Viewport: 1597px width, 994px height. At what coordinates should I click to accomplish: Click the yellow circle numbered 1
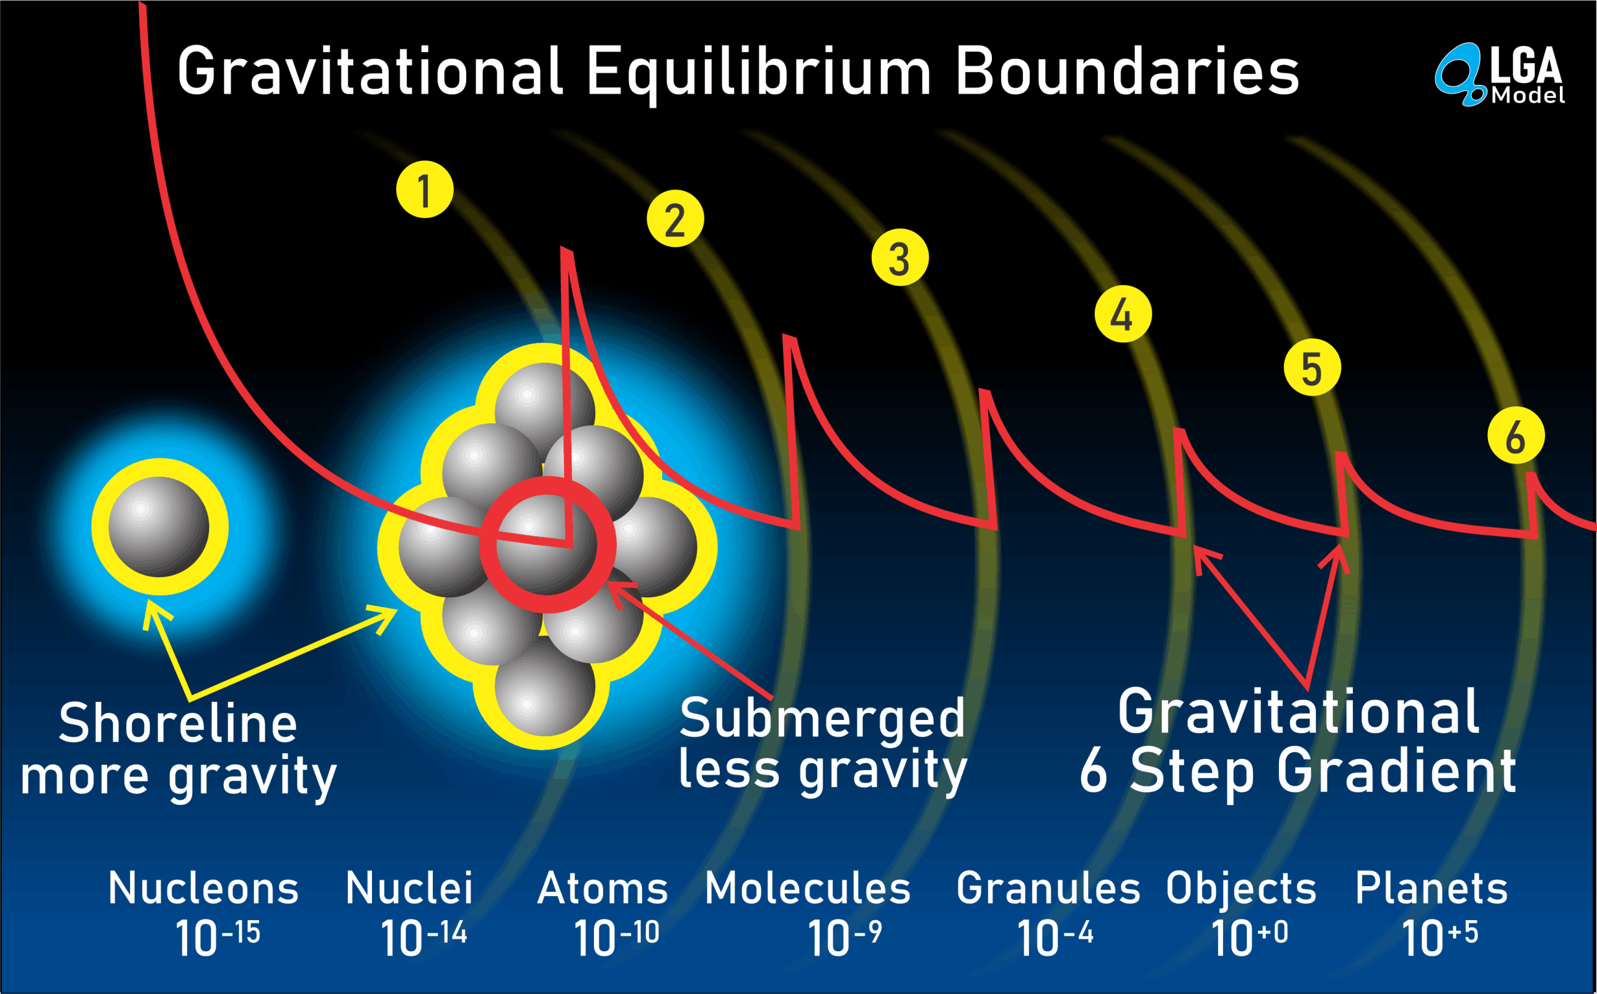click(x=425, y=189)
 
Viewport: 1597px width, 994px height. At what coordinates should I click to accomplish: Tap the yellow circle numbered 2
click(x=675, y=219)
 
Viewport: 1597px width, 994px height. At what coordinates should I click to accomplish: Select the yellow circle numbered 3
click(x=900, y=257)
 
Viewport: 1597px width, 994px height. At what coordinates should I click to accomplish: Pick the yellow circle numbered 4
click(x=1123, y=314)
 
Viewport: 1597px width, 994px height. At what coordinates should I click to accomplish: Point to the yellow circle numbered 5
click(x=1312, y=368)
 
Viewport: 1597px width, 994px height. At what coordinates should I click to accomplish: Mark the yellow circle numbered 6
click(x=1516, y=435)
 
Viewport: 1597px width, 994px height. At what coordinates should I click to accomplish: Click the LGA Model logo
click(x=1499, y=74)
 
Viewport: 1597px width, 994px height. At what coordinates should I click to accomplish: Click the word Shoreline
click(x=178, y=723)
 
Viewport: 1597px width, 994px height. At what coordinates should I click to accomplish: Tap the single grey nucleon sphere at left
click(x=159, y=526)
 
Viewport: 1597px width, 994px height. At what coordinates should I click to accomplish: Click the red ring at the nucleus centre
click(x=547, y=482)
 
